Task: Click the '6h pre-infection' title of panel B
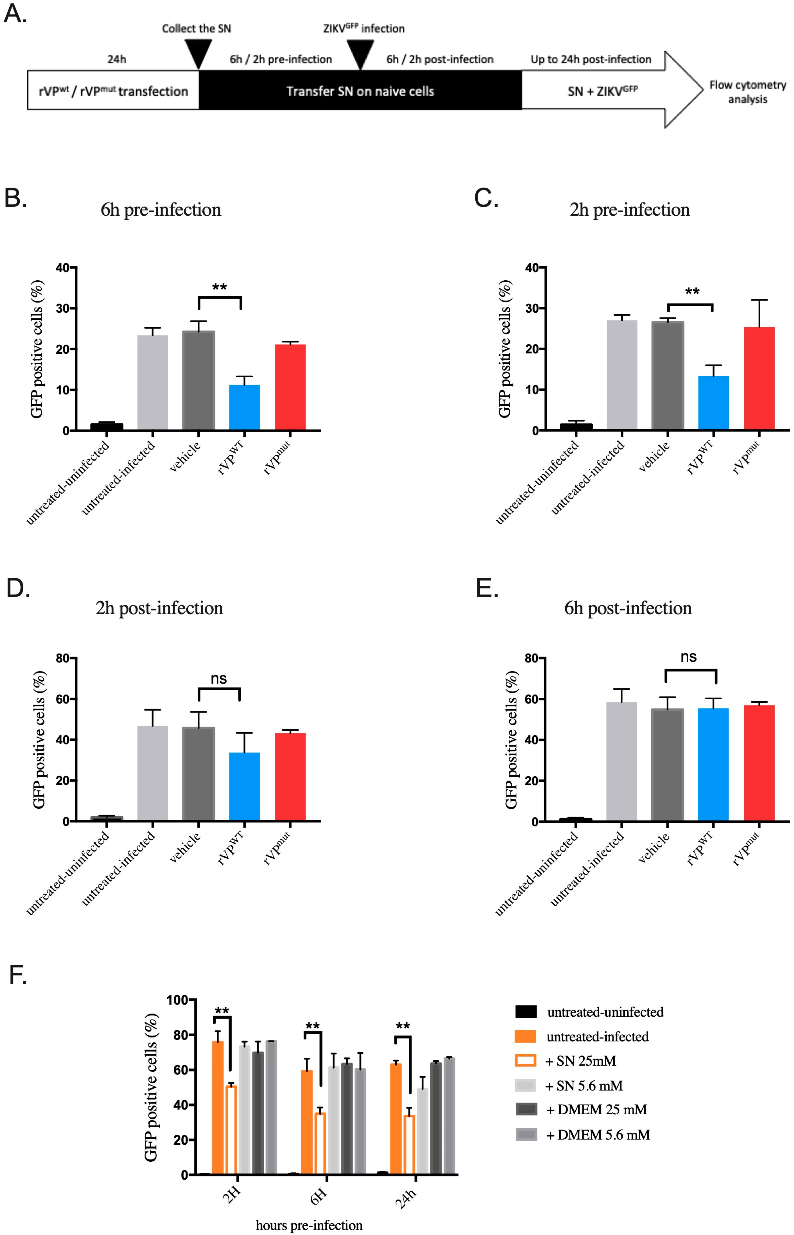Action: click(x=161, y=210)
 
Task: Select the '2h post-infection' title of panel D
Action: click(x=159, y=608)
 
